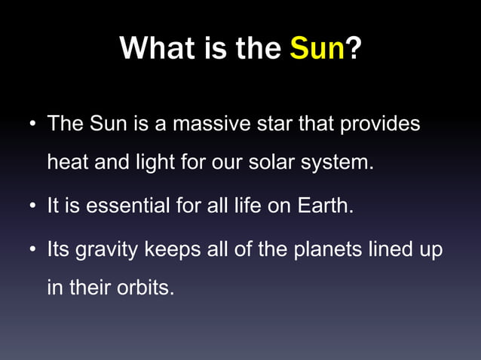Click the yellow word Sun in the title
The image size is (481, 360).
[x=317, y=50]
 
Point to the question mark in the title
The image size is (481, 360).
[x=353, y=50]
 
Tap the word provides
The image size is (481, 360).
[x=381, y=124]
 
